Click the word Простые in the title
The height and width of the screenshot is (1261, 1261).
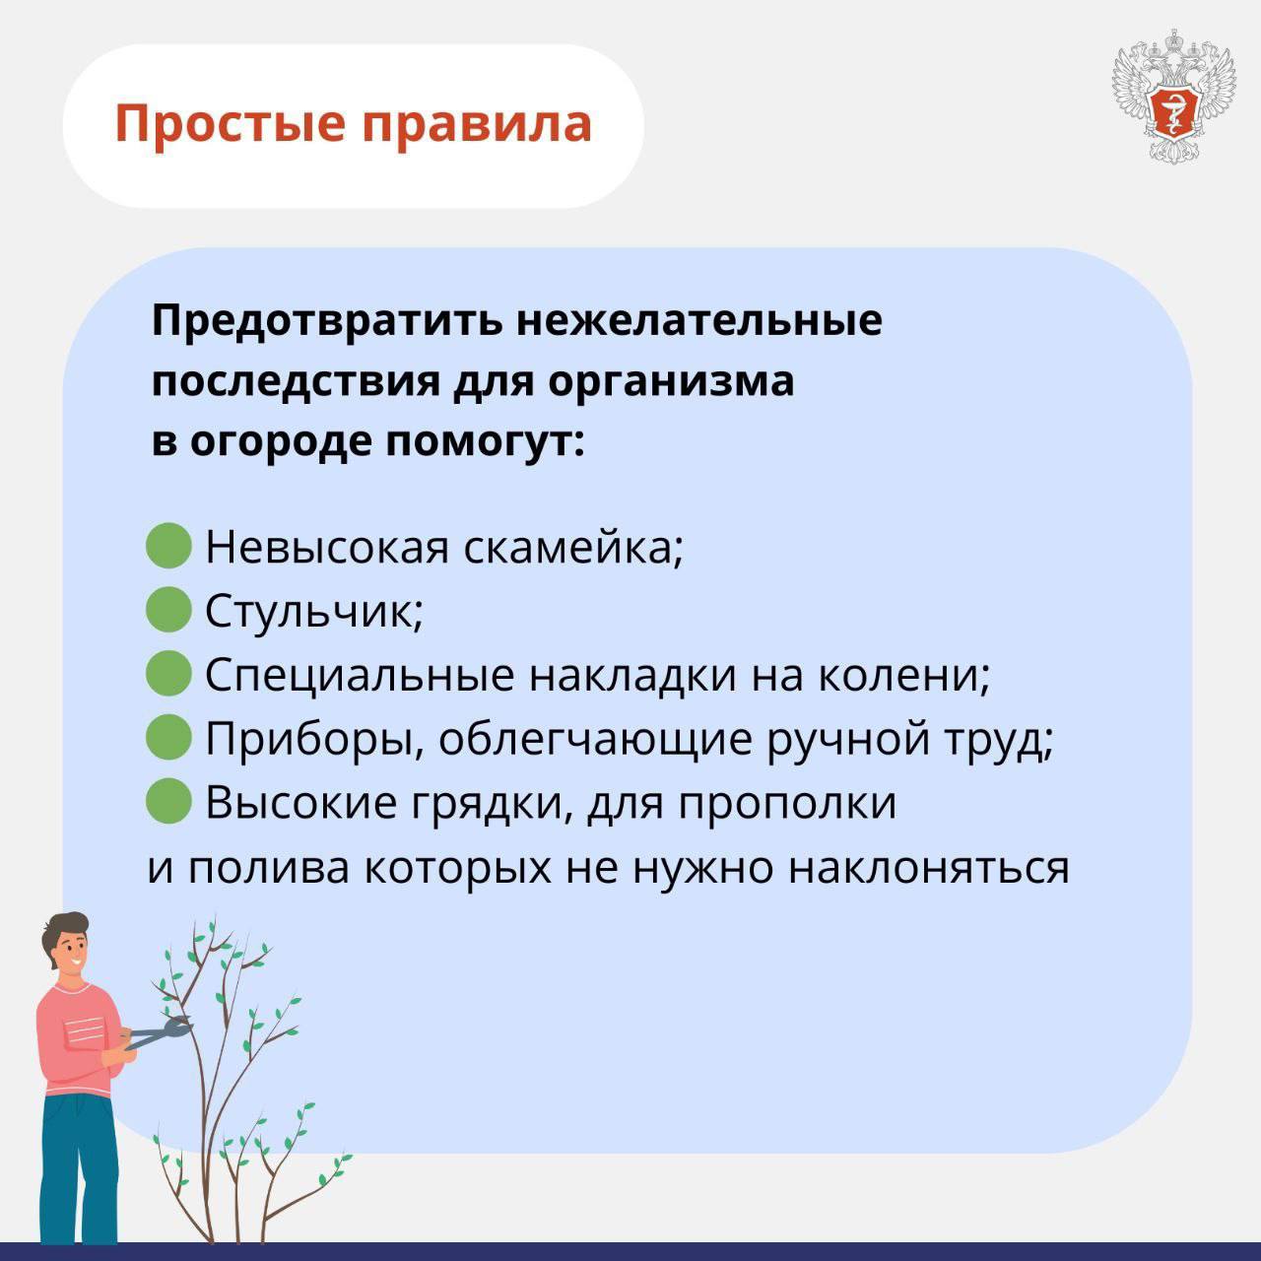(x=230, y=124)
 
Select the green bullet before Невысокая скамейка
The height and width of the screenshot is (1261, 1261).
(x=168, y=545)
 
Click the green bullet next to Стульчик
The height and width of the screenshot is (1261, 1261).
(x=168, y=609)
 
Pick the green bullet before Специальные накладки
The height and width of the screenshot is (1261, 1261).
(x=168, y=673)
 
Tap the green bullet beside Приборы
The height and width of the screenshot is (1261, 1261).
(x=168, y=737)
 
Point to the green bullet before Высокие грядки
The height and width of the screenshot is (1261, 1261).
(x=168, y=800)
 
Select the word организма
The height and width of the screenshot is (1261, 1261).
(x=671, y=381)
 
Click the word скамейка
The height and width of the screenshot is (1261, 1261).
(x=573, y=547)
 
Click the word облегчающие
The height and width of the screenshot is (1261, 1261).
(x=595, y=741)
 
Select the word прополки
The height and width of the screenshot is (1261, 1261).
(x=787, y=804)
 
